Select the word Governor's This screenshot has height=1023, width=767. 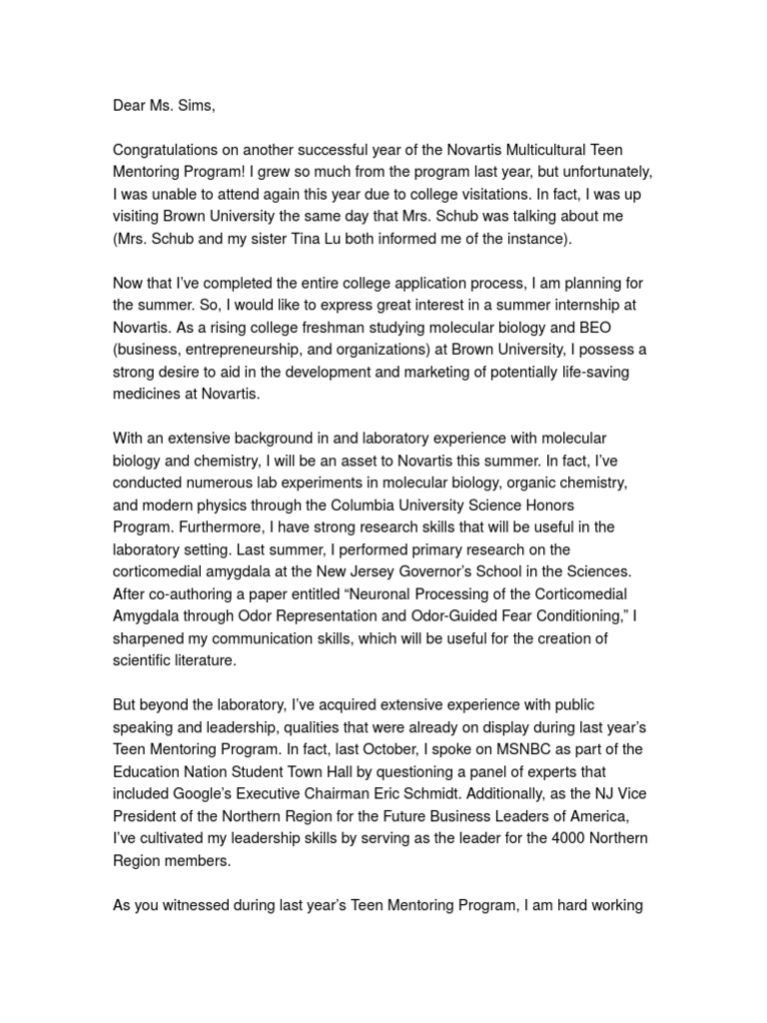click(424, 570)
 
